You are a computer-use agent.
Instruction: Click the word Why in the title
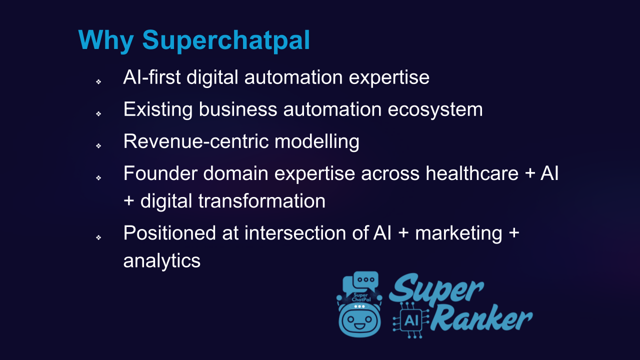(x=105, y=40)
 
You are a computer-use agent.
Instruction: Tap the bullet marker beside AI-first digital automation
(x=98, y=81)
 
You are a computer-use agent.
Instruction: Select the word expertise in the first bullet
(x=389, y=77)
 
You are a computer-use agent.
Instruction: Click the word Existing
(x=158, y=109)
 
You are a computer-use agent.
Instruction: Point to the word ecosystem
(x=435, y=110)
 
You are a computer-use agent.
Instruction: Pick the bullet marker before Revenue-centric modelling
(x=98, y=145)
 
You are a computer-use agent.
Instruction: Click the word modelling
(x=317, y=141)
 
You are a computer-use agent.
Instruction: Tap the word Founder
(x=160, y=173)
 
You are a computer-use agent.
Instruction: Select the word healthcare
(x=472, y=173)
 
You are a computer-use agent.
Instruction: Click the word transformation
(x=261, y=201)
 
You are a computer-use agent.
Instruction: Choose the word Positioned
(x=169, y=233)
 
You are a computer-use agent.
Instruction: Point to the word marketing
(x=458, y=233)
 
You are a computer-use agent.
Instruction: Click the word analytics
(x=161, y=260)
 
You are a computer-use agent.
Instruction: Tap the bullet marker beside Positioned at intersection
(x=98, y=237)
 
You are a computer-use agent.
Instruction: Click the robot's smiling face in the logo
(x=359, y=321)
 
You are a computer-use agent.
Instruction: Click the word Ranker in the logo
(x=481, y=318)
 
